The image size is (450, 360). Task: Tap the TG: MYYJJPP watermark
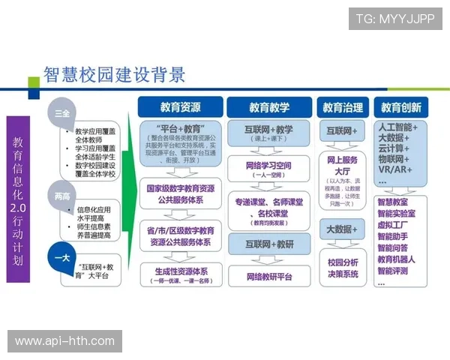pos(394,18)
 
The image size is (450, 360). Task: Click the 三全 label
pos(62,113)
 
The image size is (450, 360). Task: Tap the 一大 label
pos(62,256)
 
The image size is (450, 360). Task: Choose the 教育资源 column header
pos(181,106)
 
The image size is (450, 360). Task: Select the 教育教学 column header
pos(269,106)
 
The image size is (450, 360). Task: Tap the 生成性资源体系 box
pos(180,273)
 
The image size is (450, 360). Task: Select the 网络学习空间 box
pos(269,169)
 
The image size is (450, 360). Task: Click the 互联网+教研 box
pos(269,244)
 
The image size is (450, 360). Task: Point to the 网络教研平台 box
pos(269,276)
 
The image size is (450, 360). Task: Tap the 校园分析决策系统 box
pos(343,267)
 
